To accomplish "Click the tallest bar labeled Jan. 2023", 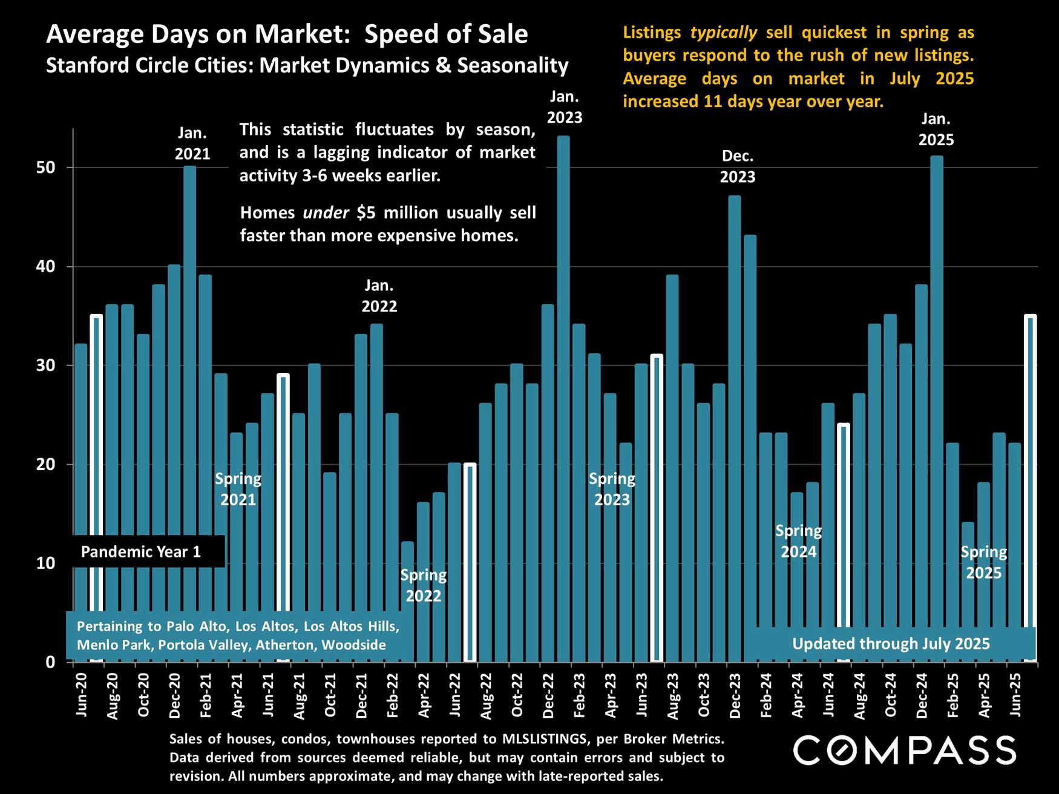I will coord(563,363).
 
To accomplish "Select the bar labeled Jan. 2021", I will coord(189,363).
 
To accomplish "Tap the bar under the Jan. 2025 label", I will coord(937,363).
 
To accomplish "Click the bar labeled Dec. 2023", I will coord(735,393).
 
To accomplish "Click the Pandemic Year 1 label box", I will coord(141,552).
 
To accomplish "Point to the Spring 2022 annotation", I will coord(424,585).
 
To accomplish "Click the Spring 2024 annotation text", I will coord(798,541).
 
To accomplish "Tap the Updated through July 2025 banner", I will coord(891,643).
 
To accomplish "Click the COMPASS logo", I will coord(905,750).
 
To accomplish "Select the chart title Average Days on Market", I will coord(287,34).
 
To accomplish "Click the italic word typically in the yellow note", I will coord(723,33).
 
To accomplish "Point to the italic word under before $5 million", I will coord(326,213).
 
